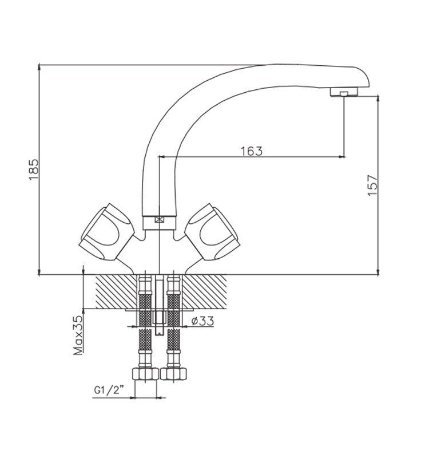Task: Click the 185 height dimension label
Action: click(x=34, y=169)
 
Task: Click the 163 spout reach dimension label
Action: click(x=252, y=151)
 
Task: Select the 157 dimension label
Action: click(x=372, y=185)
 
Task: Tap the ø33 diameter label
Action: click(x=202, y=321)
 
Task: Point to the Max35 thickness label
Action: click(x=78, y=335)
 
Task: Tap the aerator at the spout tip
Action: click(x=344, y=92)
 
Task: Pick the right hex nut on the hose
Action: click(x=173, y=374)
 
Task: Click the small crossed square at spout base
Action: click(x=160, y=219)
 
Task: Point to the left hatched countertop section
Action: click(x=117, y=291)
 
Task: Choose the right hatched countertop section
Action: click(x=204, y=291)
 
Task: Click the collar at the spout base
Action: click(x=160, y=223)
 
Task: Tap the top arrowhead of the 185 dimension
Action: click(x=39, y=67)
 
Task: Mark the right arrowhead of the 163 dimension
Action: click(x=341, y=157)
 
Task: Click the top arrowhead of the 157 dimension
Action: click(x=378, y=98)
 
